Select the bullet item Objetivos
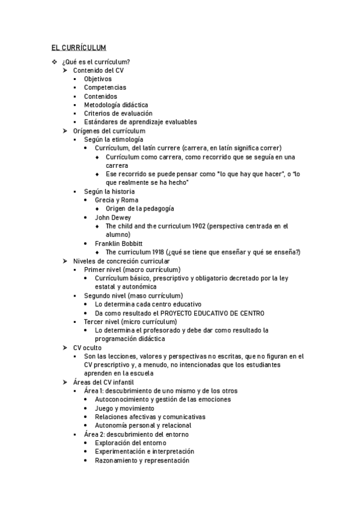coord(97,79)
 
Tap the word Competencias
coord(105,87)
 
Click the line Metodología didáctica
coord(116,105)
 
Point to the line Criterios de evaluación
coord(118,113)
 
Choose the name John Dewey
coord(113,217)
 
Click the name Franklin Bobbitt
coord(119,244)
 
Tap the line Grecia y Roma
coord(117,200)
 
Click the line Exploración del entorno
coord(130,443)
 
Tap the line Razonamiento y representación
coord(142,460)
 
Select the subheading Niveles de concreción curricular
coord(121,261)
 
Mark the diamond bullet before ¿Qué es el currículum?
coord(55,62)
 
